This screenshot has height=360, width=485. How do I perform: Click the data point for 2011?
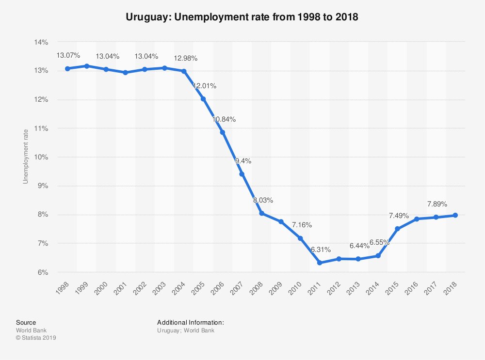pyautogui.click(x=320, y=263)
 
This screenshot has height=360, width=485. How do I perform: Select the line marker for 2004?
pyautogui.click(x=184, y=71)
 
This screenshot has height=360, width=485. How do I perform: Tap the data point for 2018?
pyautogui.click(x=455, y=215)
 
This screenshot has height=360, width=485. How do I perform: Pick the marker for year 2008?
pyautogui.click(x=261, y=213)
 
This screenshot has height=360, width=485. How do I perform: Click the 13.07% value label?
pyautogui.click(x=68, y=56)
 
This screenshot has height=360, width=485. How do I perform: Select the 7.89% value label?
pyautogui.click(x=437, y=204)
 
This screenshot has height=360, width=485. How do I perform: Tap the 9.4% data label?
pyautogui.click(x=243, y=161)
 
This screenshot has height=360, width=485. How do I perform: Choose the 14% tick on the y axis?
pyautogui.click(x=41, y=42)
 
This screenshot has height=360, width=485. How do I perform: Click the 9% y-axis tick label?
pyautogui.click(x=43, y=186)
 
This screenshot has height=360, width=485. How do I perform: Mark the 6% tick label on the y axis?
pyautogui.click(x=43, y=272)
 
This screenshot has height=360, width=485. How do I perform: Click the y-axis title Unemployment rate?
pyautogui.click(x=26, y=157)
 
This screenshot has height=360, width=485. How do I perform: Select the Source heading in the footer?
pyautogui.click(x=26, y=322)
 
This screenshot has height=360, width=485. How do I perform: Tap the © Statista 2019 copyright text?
pyautogui.click(x=36, y=338)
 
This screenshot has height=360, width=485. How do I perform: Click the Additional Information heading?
pyautogui.click(x=190, y=322)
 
